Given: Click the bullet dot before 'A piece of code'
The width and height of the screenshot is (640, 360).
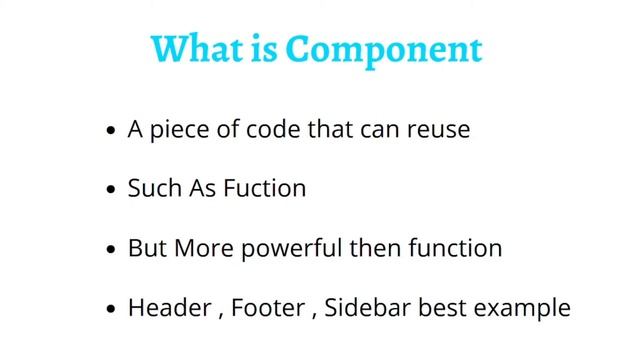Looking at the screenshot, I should tap(111, 132).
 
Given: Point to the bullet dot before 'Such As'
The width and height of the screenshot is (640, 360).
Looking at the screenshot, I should tap(111, 190).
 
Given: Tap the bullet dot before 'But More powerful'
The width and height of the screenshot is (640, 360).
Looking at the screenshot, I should tap(111, 249).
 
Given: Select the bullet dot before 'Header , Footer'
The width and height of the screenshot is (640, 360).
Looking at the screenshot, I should tap(111, 309).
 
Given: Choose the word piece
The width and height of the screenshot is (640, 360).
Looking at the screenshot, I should tap(176, 131).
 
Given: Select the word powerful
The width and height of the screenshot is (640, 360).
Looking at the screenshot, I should tap(289, 247).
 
